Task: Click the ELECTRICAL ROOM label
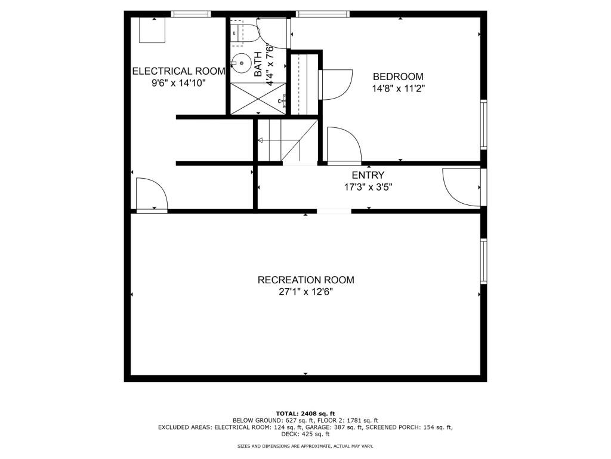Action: pyautogui.click(x=179, y=71)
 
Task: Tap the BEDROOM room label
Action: pyautogui.click(x=398, y=76)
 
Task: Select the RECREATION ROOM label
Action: pyautogui.click(x=306, y=280)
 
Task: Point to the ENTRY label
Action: pyautogui.click(x=368, y=175)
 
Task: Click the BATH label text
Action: pyautogui.click(x=258, y=65)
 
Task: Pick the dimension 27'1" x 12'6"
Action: pyautogui.click(x=306, y=292)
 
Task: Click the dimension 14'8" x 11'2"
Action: pyautogui.click(x=398, y=88)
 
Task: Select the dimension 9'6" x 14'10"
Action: pyautogui.click(x=178, y=82)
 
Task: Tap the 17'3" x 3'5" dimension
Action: pyautogui.click(x=368, y=187)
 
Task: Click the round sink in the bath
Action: pyautogui.click(x=242, y=63)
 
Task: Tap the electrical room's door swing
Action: pyautogui.click(x=152, y=194)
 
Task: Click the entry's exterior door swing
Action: pyautogui.click(x=461, y=186)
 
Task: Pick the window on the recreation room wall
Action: pyautogui.click(x=483, y=261)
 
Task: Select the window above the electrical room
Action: pyautogui.click(x=191, y=14)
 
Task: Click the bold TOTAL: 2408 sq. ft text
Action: pyautogui.click(x=305, y=414)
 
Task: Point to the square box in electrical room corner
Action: pyautogui.click(x=152, y=30)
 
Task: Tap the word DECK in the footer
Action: pyautogui.click(x=289, y=434)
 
